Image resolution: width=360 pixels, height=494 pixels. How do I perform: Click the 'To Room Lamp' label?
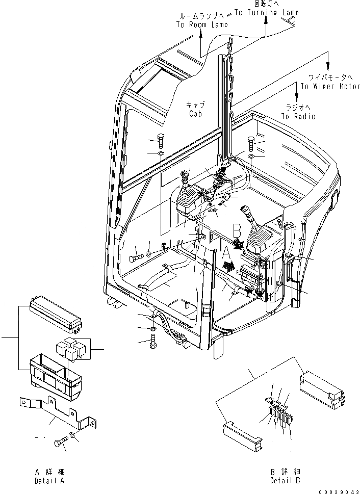pos(201,23)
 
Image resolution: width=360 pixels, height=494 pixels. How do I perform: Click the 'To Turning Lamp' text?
pos(266,11)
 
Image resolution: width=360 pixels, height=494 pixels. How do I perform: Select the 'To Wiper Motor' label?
pos(330,86)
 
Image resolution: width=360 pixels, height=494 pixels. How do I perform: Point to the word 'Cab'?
pos(194,114)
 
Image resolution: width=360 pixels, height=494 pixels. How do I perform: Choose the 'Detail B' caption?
pos(286,481)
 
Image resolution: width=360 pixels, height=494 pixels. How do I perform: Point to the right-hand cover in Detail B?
pos(322,388)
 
